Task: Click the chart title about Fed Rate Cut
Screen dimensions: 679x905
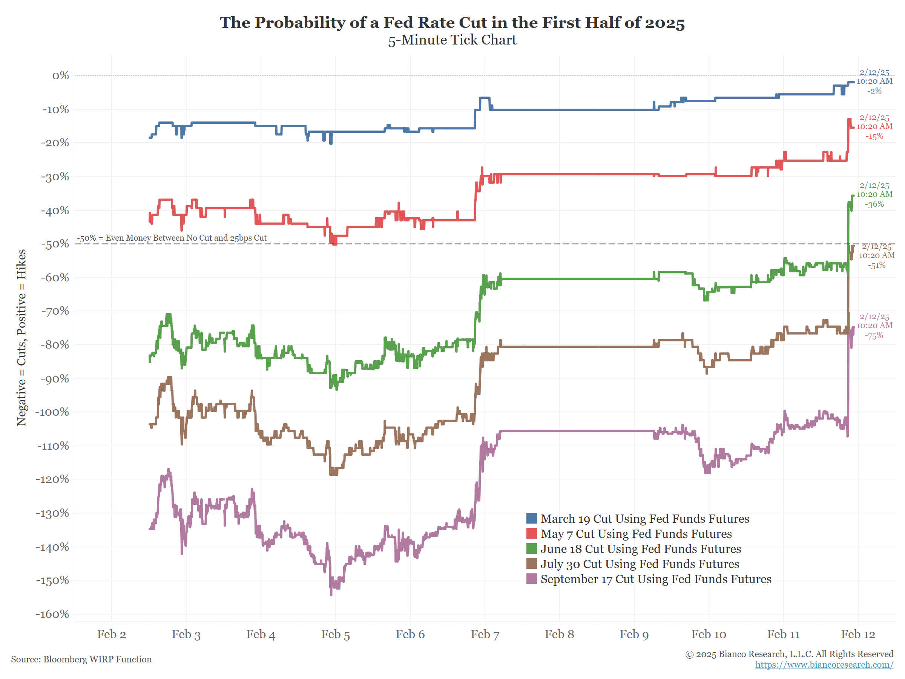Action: tap(452, 23)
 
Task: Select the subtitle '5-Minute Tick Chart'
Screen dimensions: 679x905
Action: tap(452, 40)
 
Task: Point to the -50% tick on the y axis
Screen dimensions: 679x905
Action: tap(55, 244)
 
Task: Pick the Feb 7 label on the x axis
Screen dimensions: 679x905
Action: tap(485, 634)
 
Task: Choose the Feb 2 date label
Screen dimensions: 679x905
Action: tap(111, 634)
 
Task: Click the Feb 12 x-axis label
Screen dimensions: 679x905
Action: tap(857, 634)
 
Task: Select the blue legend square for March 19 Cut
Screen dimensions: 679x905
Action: tap(531, 518)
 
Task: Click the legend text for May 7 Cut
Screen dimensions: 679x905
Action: tap(636, 534)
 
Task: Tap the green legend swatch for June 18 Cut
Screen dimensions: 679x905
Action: tap(531, 548)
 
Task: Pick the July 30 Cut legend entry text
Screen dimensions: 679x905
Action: tap(640, 564)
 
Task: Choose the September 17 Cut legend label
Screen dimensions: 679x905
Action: tap(655, 579)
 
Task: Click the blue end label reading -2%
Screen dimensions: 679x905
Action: tap(874, 91)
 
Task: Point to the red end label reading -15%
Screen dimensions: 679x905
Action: tap(874, 136)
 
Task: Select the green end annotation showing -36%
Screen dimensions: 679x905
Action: tap(874, 204)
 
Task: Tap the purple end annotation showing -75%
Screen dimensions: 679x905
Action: tap(874, 336)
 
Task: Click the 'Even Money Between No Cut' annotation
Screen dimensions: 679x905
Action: tap(172, 238)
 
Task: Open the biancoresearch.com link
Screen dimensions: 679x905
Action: tap(824, 665)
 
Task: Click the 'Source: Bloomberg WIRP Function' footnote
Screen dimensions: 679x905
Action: tap(81, 659)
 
